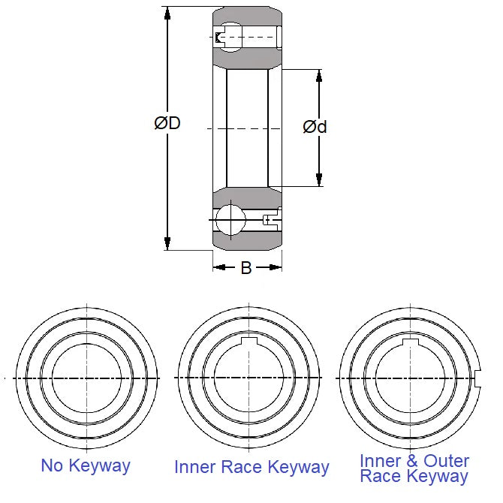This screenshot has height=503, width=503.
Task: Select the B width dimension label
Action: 245,268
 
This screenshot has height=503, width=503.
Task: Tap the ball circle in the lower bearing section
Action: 230,221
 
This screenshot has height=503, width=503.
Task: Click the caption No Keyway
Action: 86,465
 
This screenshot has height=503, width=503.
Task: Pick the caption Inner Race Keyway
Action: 251,467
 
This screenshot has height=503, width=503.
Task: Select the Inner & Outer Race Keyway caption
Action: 414,468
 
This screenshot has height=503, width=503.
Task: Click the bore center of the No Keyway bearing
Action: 86,378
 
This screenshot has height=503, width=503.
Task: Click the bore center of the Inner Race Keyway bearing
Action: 248,378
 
